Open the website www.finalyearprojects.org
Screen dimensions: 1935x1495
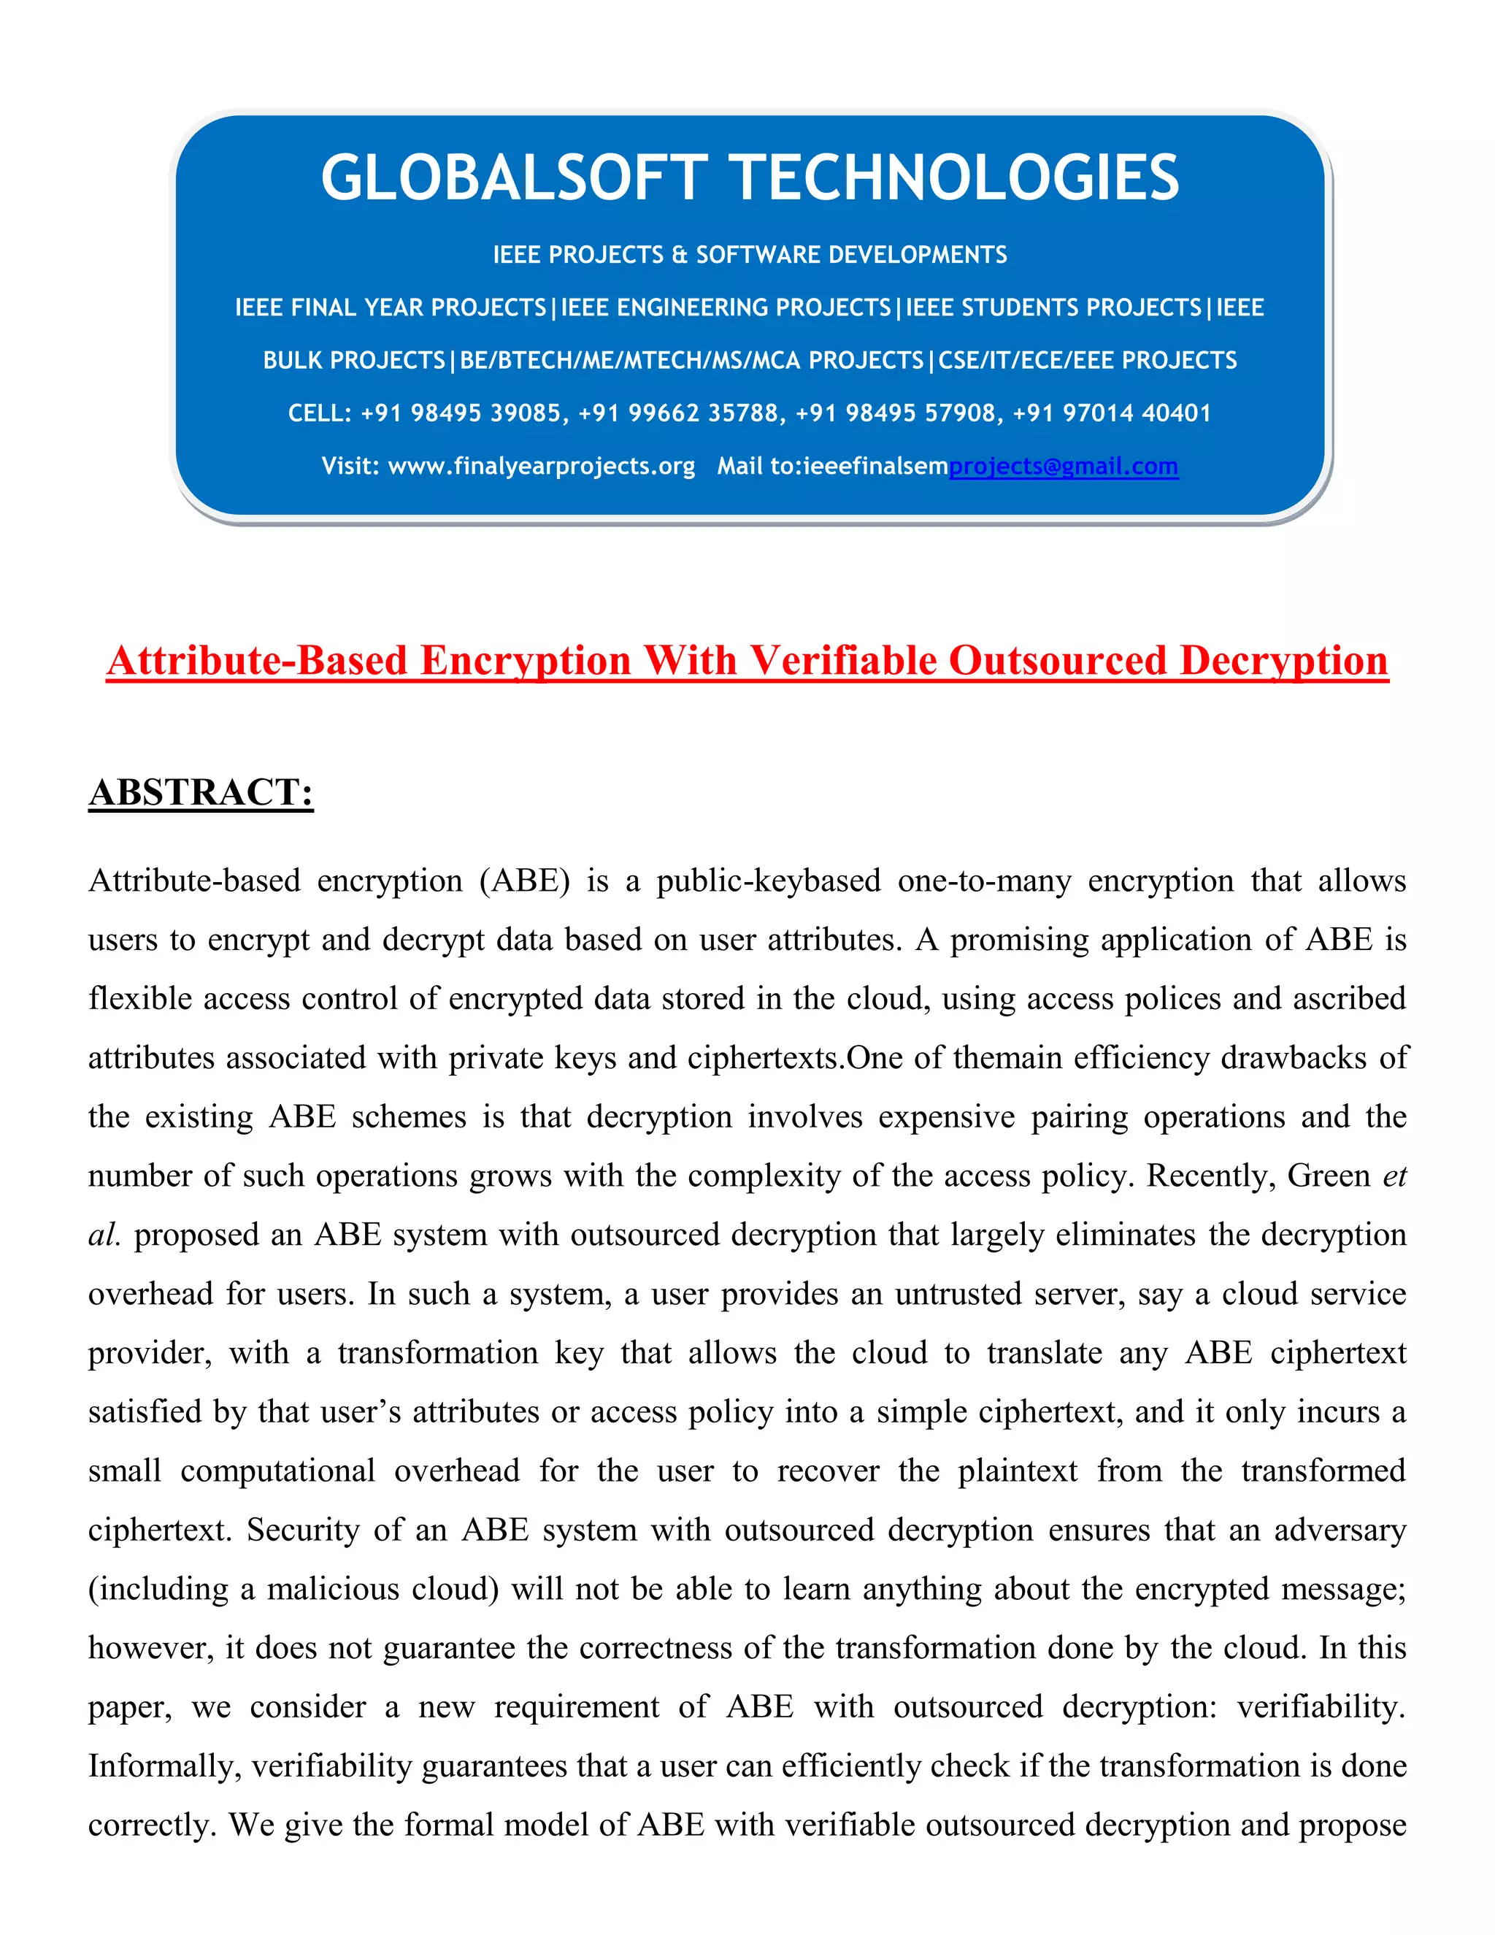click(x=541, y=466)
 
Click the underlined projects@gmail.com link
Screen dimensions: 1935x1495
click(x=1063, y=466)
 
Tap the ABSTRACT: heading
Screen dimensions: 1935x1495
click(x=201, y=792)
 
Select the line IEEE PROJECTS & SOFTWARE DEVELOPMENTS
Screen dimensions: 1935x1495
click(x=749, y=255)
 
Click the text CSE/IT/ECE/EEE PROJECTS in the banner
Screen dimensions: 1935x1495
click(x=1088, y=361)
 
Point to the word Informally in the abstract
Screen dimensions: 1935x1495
click(x=165, y=1766)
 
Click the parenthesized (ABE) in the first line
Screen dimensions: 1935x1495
click(x=524, y=881)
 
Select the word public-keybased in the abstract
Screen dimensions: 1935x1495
click(x=768, y=881)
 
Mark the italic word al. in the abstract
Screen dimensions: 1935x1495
click(x=104, y=1235)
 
